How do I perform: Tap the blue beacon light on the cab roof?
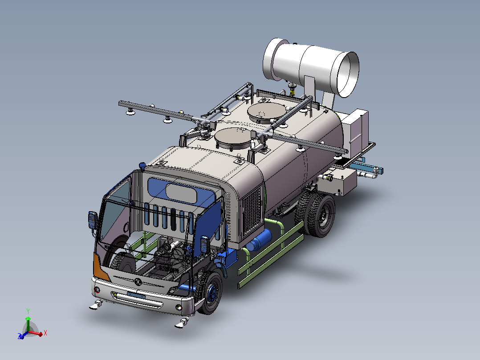[142, 166]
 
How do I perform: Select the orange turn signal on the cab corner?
[101, 267]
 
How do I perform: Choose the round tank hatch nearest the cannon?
[267, 112]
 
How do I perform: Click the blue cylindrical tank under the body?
[259, 240]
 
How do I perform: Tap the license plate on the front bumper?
[136, 295]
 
